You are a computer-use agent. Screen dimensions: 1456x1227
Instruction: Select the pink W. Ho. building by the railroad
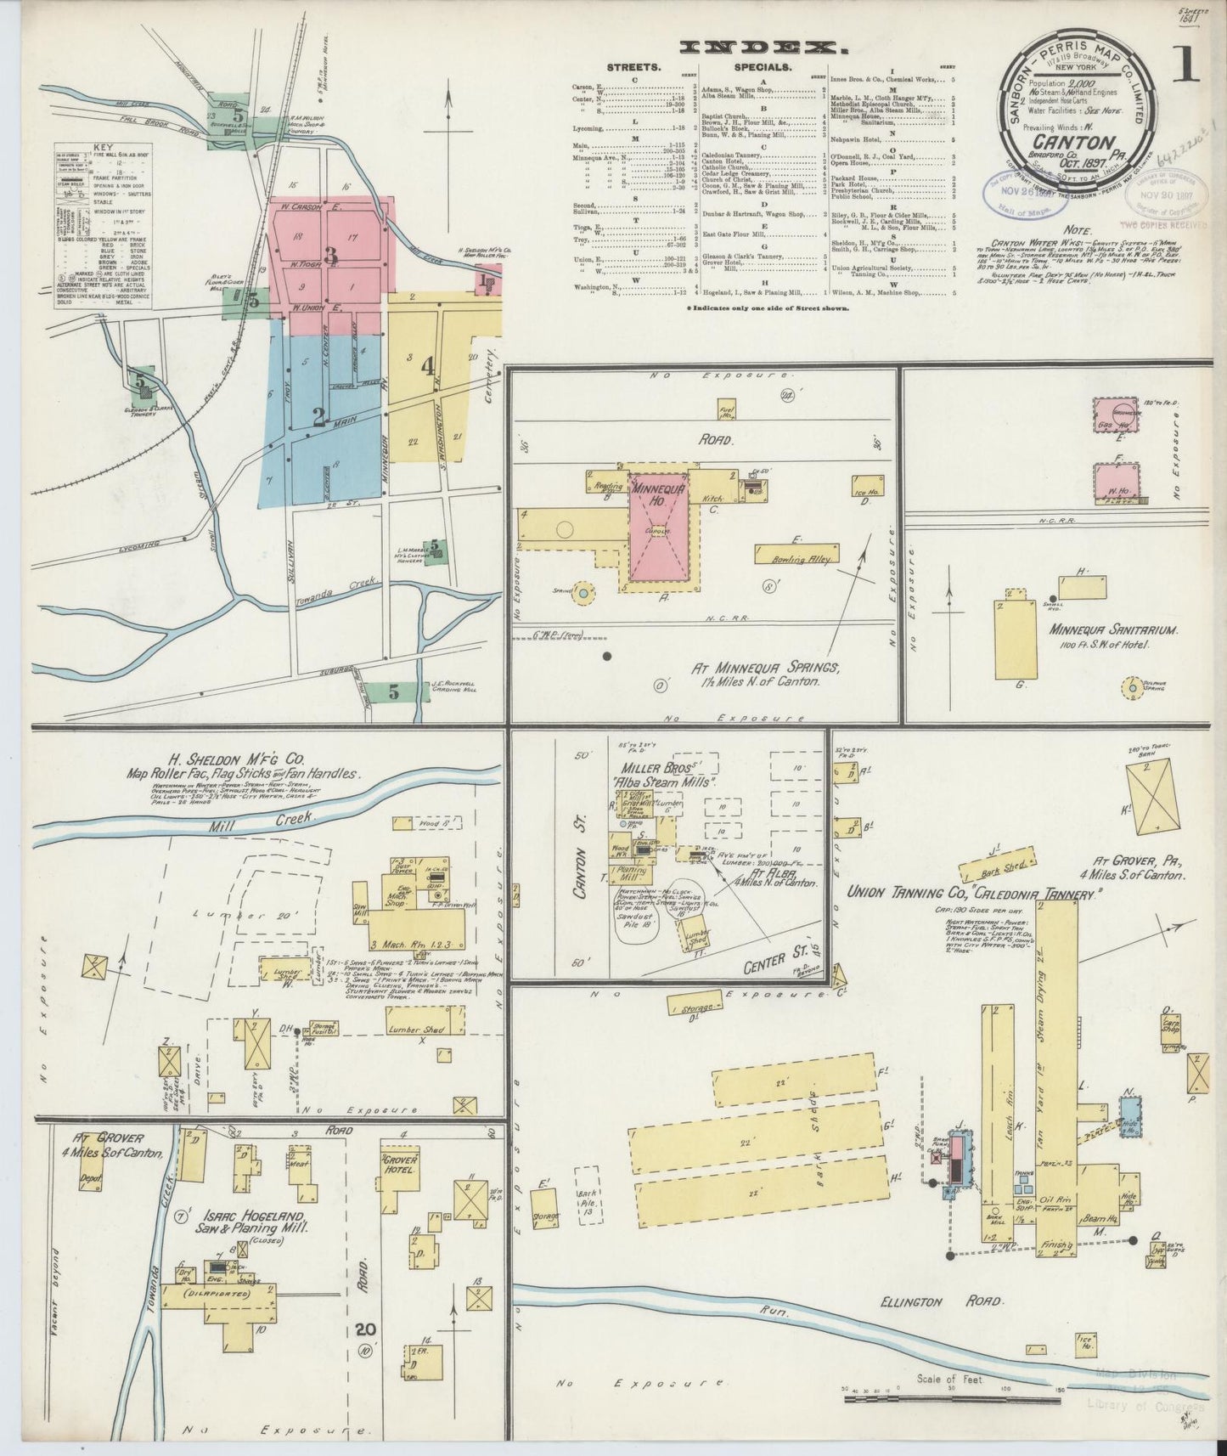(1115, 482)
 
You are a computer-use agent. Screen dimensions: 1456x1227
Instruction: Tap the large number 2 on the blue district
(318, 416)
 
